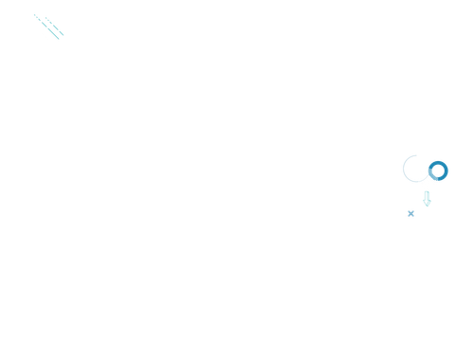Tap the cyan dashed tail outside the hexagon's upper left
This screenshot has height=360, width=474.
(x=35, y=16)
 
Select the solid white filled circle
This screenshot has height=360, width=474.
(x=426, y=178)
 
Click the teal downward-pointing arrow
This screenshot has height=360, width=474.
(x=428, y=199)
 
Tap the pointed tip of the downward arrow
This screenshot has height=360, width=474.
(x=428, y=207)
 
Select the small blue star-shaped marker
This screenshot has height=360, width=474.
(x=410, y=214)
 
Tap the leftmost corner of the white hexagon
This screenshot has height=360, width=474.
(x=36, y=27)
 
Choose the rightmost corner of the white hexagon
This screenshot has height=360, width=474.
(x=64, y=29)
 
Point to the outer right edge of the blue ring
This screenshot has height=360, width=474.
(x=448, y=171)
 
